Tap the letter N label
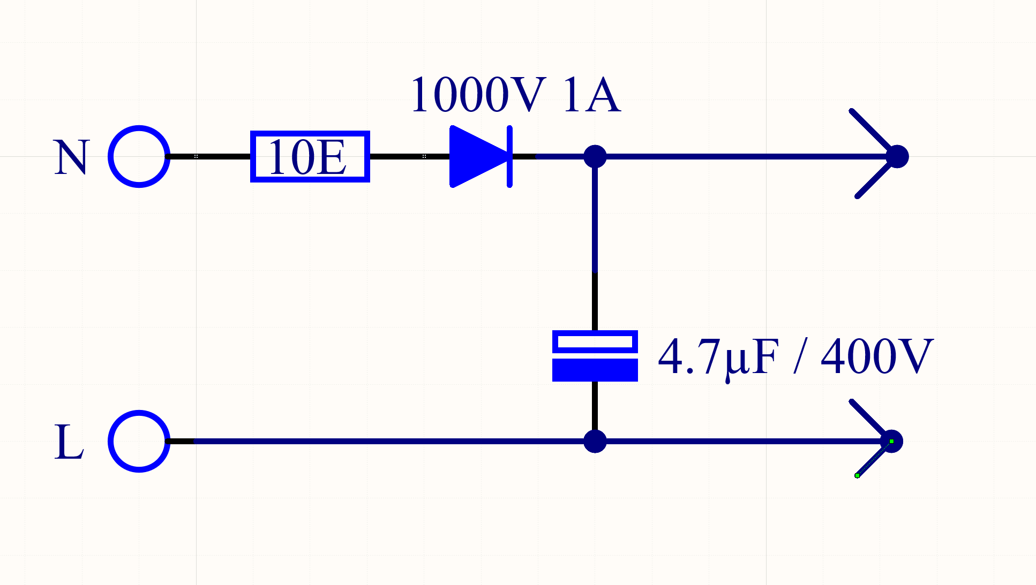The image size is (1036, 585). [x=71, y=157]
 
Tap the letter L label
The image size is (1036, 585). [x=69, y=442]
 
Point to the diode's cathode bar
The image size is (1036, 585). [x=510, y=156]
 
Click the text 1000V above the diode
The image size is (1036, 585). [x=478, y=95]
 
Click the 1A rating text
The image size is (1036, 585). [x=592, y=95]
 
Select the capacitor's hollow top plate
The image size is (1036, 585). [x=595, y=333]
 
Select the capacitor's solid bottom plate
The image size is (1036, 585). [x=595, y=370]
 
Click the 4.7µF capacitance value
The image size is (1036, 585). [x=718, y=357]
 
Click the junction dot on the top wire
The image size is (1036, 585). [x=595, y=156]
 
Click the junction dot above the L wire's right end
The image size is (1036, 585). [x=595, y=441]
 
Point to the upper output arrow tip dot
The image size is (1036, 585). [x=897, y=156]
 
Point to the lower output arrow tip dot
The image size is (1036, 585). [x=892, y=441]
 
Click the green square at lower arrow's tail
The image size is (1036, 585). [x=857, y=475]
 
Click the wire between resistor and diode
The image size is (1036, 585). [x=410, y=156]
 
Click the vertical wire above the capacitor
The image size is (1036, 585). [x=595, y=244]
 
